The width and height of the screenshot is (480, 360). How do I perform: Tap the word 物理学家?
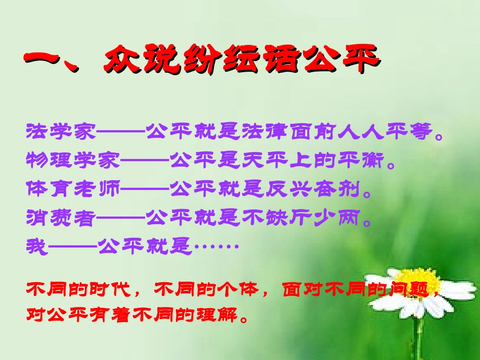click(73, 161)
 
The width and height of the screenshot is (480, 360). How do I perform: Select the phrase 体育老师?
click(73, 189)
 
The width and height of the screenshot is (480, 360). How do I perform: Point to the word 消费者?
click(60, 218)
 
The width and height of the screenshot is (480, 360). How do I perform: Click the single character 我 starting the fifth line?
click(36, 247)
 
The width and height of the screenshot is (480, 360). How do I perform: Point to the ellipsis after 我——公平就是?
click(216, 247)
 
